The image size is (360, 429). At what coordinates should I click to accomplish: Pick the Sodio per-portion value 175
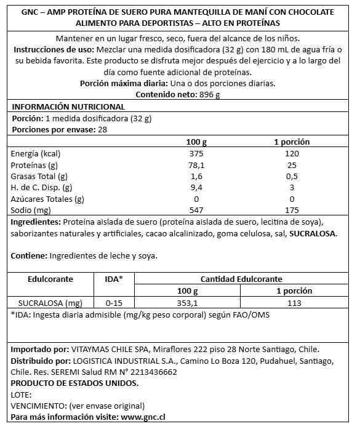pos(291,210)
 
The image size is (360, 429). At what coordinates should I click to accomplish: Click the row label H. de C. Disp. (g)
pos(41,187)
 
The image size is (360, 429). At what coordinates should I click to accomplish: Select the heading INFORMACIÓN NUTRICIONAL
pos(60,106)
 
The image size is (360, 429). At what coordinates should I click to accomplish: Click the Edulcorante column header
pos(50,279)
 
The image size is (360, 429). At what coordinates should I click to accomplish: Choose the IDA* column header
pos(114,279)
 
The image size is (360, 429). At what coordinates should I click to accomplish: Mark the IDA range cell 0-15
pos(114,303)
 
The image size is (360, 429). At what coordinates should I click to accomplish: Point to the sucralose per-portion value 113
pos(291,303)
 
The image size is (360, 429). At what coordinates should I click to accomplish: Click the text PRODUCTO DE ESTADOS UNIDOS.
pos(74,383)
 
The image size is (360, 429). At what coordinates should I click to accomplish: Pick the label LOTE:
pos(21,395)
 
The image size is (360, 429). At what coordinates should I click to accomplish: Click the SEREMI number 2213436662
pos(150,372)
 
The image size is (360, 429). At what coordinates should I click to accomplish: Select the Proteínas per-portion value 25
pos(291,165)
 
